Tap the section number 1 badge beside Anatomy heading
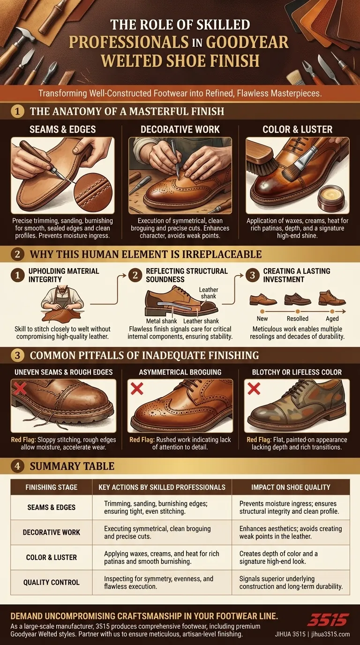pos(17,112)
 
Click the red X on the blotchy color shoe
pos(254,389)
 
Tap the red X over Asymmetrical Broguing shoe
pos(137,389)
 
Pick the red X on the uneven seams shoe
pos(20,388)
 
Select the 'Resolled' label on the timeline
pos(297,318)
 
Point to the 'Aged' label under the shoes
pos(332,318)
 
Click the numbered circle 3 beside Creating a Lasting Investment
pos(253,275)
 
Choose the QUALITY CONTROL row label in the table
pos(51,582)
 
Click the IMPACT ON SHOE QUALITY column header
pos(291,487)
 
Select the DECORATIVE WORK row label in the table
pos(51,532)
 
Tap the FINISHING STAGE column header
pos(51,487)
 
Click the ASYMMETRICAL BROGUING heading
pos(180,372)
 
